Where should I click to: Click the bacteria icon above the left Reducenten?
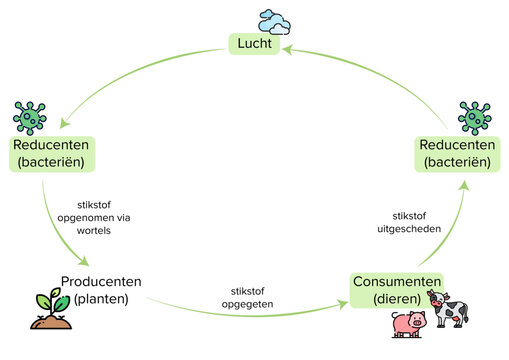(31, 117)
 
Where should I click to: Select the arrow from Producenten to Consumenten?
(250, 312)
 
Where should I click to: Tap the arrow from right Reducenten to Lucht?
(370, 75)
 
